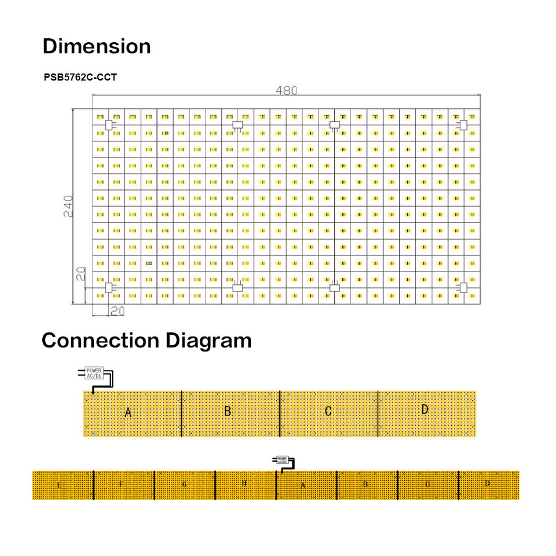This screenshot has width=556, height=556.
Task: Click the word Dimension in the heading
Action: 97,46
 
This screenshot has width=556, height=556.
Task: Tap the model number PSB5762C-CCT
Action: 80,77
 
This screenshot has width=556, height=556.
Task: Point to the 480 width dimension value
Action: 286,90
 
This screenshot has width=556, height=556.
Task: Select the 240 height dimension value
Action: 68,206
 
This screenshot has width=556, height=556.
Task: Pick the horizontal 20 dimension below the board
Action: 117,311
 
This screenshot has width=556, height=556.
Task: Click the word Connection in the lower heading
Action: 100,340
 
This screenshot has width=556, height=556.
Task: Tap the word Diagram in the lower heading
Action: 209,340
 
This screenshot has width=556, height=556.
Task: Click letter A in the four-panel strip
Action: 129,412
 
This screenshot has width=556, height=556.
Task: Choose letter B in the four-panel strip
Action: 228,411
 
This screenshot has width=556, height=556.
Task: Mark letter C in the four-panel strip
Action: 328,411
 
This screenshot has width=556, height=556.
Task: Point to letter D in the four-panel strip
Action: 425,409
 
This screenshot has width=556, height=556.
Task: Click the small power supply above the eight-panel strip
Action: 281,460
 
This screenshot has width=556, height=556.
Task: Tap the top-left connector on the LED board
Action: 108,125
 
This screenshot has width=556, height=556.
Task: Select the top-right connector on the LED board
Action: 463,125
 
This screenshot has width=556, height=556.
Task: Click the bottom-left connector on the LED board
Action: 108,287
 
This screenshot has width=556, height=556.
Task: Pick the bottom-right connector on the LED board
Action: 463,287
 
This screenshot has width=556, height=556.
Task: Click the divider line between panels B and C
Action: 280,414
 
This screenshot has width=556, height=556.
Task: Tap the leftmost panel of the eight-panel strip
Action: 63,485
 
